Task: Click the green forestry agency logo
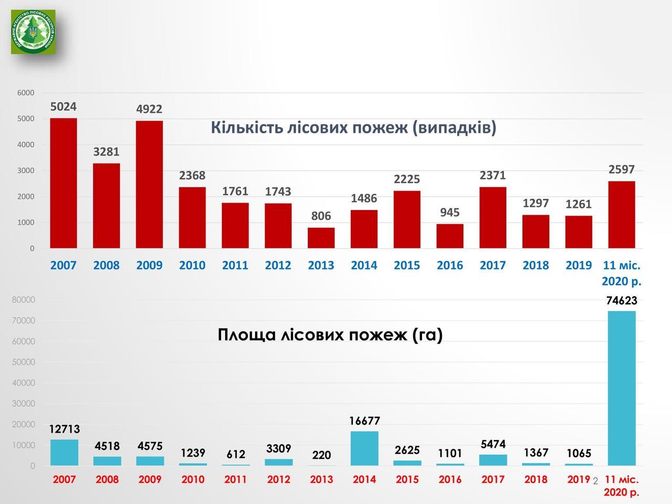point(33,31)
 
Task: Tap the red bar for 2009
point(149,184)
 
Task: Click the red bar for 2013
point(321,238)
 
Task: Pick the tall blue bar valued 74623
point(622,388)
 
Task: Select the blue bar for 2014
point(364,448)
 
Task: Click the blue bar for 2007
point(64,453)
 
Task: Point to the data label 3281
point(107,152)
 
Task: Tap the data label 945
point(449,213)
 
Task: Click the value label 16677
point(364,421)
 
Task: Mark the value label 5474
point(493,444)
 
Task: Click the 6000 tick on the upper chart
point(26,93)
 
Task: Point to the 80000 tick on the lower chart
point(24,300)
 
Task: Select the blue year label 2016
point(450,265)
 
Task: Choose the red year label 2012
point(278,479)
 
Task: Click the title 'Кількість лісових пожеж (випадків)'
point(353,128)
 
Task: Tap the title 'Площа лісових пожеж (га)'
point(330,334)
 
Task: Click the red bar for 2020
point(622,214)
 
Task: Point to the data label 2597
point(622,170)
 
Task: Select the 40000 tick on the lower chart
point(24,383)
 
